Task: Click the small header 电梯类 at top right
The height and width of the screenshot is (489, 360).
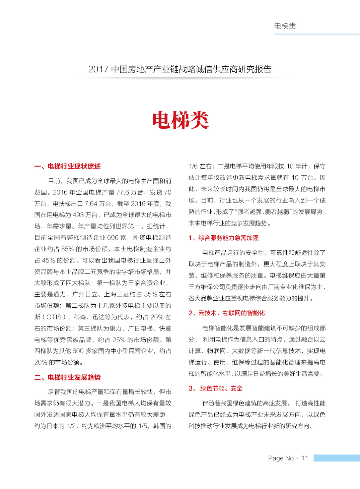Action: pos(285,26)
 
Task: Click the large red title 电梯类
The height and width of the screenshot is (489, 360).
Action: pos(180,120)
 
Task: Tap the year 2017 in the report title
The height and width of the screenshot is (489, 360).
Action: pos(98,69)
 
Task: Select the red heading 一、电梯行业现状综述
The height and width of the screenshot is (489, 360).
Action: pos(67,167)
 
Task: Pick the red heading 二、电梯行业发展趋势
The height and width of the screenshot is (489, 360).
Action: pos(67,378)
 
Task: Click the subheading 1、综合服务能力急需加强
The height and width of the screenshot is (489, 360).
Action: pos(223,238)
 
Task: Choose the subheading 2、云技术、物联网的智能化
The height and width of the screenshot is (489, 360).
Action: pos(226,313)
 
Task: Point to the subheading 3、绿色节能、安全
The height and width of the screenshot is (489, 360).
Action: pos(215,388)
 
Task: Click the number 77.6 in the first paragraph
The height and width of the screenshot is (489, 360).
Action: pos(123,192)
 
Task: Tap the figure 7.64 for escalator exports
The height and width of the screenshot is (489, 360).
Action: pos(91,204)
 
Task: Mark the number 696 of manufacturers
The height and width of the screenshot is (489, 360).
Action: pos(113,238)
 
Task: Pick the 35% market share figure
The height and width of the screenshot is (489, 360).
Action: pos(150,294)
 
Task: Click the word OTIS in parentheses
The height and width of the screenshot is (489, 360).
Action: pos(54,317)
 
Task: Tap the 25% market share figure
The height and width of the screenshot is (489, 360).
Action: pos(119,340)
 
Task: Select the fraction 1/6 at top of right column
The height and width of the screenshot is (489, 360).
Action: pos(193,166)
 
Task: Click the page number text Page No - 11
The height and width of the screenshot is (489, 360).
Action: pos(288,458)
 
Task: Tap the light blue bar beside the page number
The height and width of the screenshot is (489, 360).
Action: pos(337,458)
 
